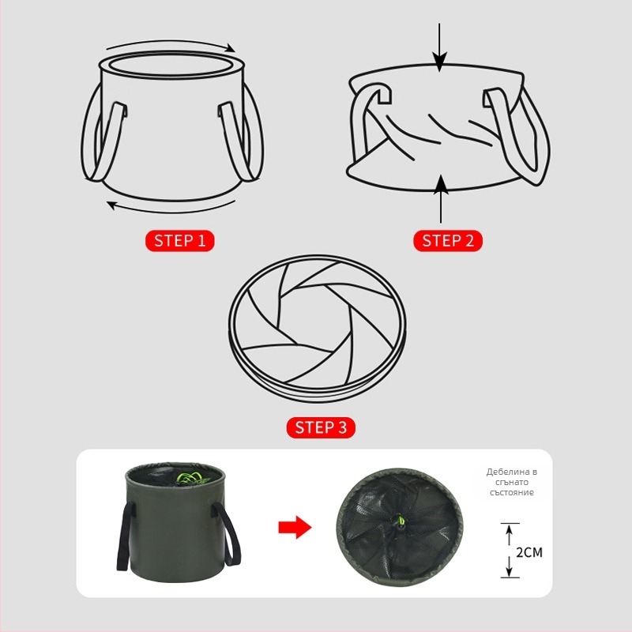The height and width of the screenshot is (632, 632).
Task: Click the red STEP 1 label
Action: (x=180, y=241)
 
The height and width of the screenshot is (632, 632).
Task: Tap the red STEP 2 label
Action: (x=448, y=241)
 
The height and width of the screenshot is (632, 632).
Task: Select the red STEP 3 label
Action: (x=321, y=427)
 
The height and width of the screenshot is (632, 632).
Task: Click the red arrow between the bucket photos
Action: (x=295, y=527)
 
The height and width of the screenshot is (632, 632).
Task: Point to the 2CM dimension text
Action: (x=529, y=551)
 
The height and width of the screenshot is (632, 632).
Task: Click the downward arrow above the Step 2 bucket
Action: (x=439, y=47)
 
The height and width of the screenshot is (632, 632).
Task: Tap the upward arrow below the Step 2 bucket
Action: (x=442, y=199)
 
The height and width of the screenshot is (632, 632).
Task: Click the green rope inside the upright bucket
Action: (x=192, y=478)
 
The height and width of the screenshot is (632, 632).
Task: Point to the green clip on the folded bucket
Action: (x=401, y=521)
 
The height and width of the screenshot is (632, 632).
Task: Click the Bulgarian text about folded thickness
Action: (x=511, y=482)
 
